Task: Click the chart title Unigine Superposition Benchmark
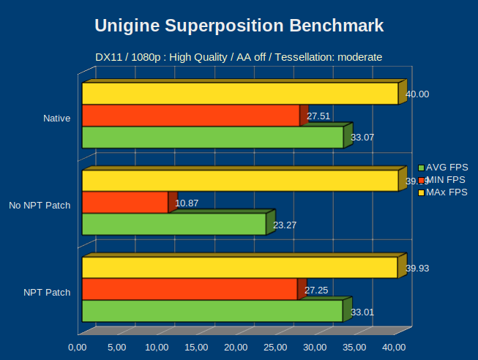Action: tap(239, 26)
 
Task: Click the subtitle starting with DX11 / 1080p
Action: tap(239, 56)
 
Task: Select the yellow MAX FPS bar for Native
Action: tap(239, 94)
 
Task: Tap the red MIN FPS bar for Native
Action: tap(190, 116)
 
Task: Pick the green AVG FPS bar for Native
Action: tap(212, 138)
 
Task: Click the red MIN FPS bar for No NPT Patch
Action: tap(124, 203)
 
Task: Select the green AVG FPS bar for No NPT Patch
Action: tap(173, 225)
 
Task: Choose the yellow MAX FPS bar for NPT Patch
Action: tap(239, 268)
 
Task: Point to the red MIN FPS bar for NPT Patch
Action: tap(190, 290)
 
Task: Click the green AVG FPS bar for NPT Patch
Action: tap(212, 311)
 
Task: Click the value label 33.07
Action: tap(363, 137)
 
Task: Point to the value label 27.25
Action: tap(316, 290)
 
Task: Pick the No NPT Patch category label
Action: tap(40, 205)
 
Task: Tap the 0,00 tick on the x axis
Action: tap(78, 347)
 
